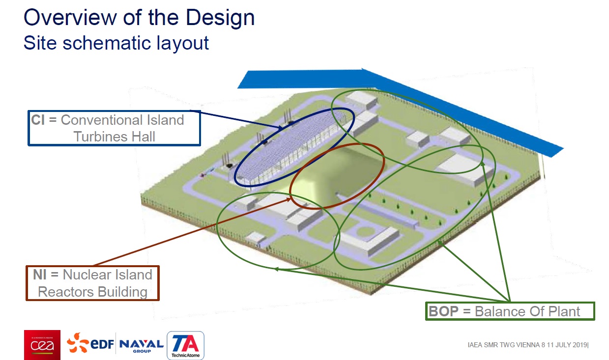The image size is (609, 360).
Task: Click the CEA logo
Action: click(x=42, y=345)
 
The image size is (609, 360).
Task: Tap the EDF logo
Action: click(x=90, y=343)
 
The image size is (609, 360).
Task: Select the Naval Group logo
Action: click(x=142, y=346)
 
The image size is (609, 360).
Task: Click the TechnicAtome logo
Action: click(x=185, y=345)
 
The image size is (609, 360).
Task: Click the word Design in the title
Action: click(x=220, y=18)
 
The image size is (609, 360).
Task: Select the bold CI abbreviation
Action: click(x=38, y=120)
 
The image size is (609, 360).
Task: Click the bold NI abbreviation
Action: click(x=39, y=275)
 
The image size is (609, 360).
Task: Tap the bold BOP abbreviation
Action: click(x=443, y=311)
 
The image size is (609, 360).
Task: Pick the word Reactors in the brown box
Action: click(x=66, y=292)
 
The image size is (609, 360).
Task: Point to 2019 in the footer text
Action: click(x=580, y=345)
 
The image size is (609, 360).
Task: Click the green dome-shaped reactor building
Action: click(x=336, y=174)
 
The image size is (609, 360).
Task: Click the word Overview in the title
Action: click(x=70, y=18)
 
